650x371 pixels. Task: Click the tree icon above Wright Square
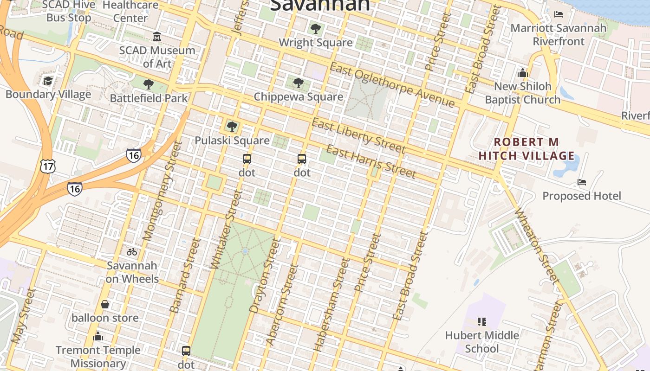(x=316, y=29)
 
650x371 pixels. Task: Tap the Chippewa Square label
(x=299, y=97)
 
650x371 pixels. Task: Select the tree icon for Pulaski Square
(x=232, y=126)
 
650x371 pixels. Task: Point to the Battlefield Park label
(x=149, y=98)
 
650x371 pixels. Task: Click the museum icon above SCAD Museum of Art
(x=157, y=36)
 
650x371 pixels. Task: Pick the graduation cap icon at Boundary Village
(x=48, y=81)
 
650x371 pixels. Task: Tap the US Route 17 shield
(x=48, y=166)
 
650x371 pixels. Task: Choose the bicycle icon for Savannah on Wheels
(x=132, y=252)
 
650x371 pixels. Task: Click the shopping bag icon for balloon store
(x=105, y=304)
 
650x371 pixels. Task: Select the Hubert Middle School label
(x=482, y=342)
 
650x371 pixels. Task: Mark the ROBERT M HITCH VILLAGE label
(x=526, y=149)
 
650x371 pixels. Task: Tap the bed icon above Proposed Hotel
(x=581, y=182)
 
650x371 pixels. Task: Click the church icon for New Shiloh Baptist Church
(x=523, y=73)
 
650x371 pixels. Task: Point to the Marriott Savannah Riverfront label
(x=559, y=35)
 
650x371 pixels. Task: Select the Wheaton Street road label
(x=536, y=245)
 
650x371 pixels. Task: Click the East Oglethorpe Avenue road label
(x=392, y=84)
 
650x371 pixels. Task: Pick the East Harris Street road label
(x=371, y=161)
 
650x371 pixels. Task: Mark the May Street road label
(x=23, y=316)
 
